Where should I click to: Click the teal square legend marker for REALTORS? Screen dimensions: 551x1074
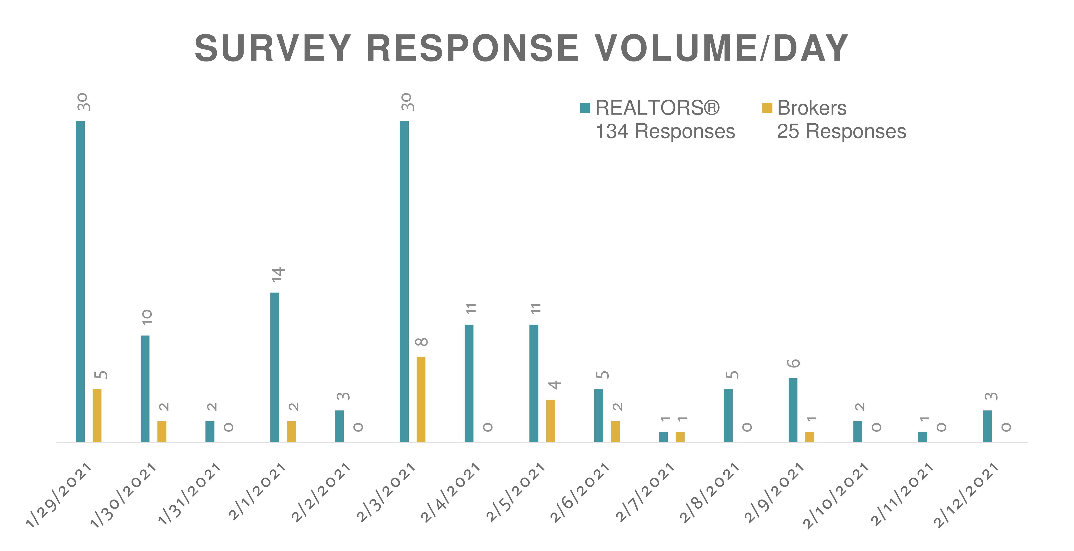(x=585, y=108)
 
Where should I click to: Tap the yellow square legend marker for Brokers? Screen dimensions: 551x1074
(x=767, y=108)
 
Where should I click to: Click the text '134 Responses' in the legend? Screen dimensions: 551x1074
(x=665, y=131)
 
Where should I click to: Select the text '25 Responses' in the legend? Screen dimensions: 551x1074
(x=841, y=131)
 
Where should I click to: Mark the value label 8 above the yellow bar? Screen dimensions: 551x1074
(x=421, y=342)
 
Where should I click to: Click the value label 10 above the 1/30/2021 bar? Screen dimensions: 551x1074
(x=147, y=317)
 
